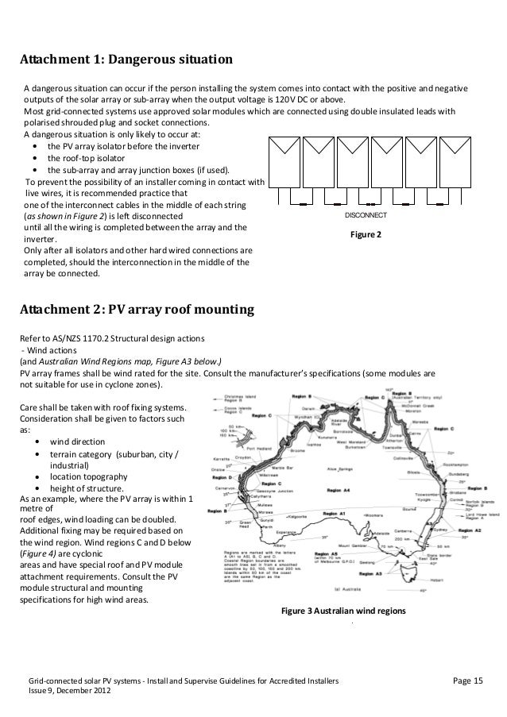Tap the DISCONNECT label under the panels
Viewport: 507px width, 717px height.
pyautogui.click(x=366, y=215)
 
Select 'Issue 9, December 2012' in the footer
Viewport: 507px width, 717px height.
pyautogui.click(x=71, y=692)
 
